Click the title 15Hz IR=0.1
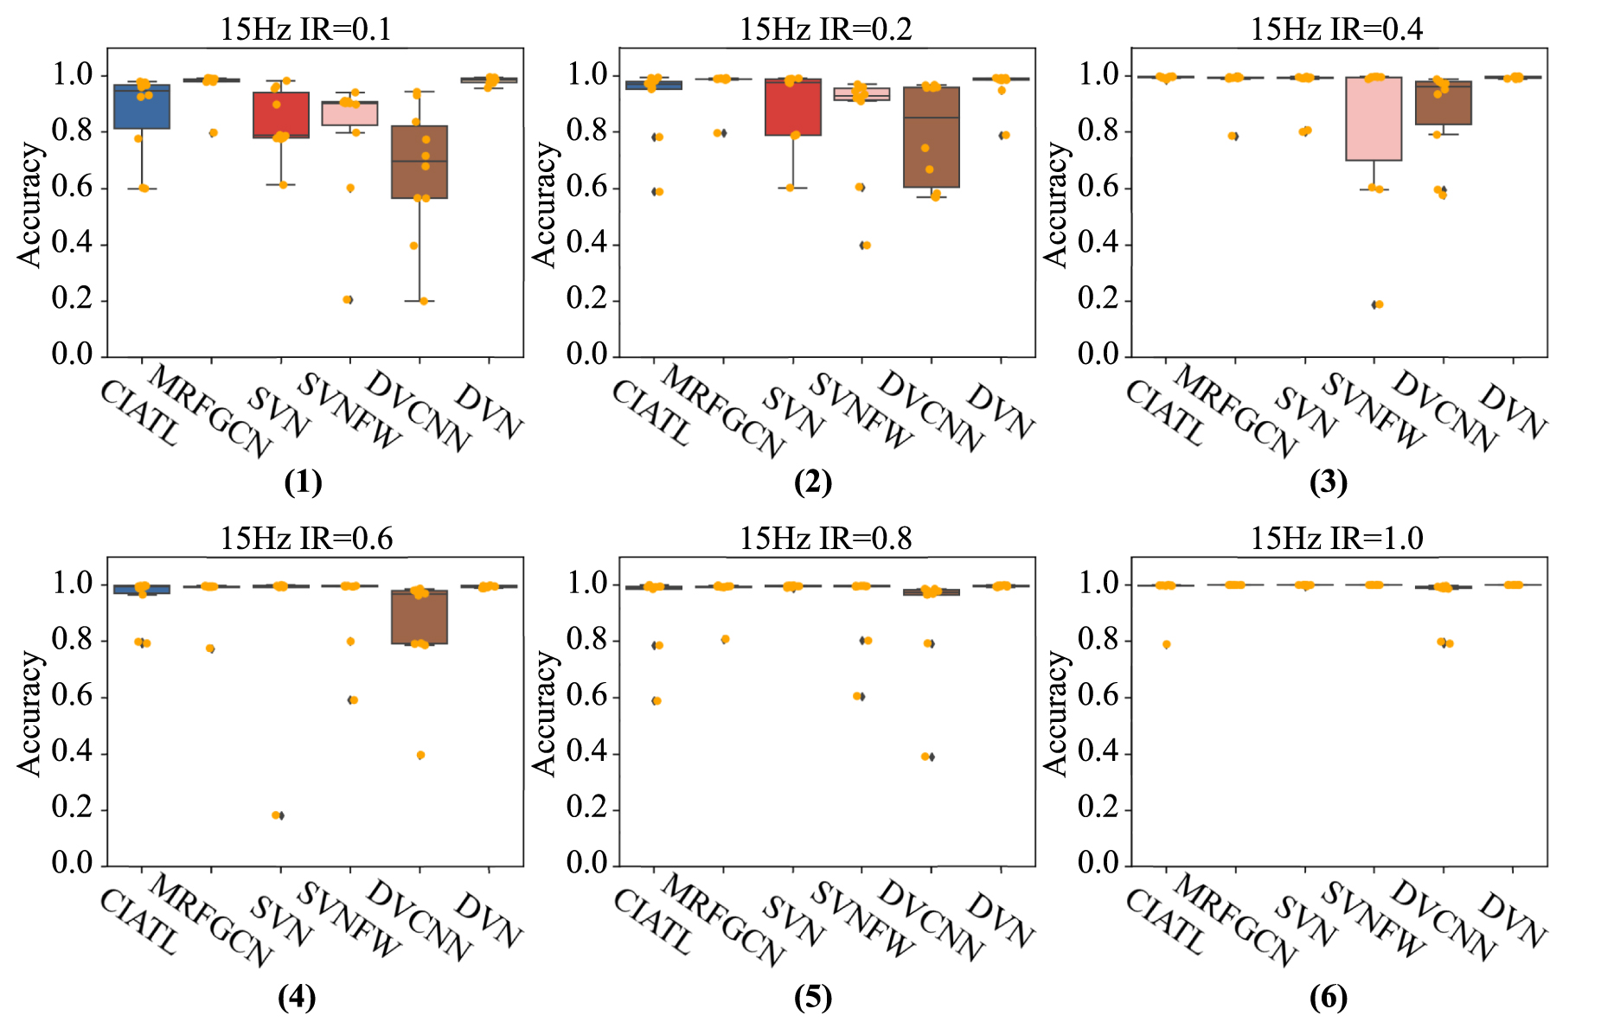point(305,29)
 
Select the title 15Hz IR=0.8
point(825,538)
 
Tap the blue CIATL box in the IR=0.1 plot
point(142,106)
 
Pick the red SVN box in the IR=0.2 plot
point(793,107)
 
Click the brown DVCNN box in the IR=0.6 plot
point(419,617)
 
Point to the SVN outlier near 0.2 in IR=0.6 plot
point(277,815)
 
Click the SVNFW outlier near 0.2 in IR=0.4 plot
point(1377,304)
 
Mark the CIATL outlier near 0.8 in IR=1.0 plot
point(1167,644)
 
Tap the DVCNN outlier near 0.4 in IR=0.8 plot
point(927,757)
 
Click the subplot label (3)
point(1328,482)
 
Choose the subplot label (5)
point(812,998)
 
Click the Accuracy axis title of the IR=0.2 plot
point(543,205)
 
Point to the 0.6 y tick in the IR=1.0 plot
point(1098,697)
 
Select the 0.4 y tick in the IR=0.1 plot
point(73,244)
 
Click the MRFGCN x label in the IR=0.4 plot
point(1236,412)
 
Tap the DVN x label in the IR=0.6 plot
point(490,920)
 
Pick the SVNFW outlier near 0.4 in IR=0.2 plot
point(865,246)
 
